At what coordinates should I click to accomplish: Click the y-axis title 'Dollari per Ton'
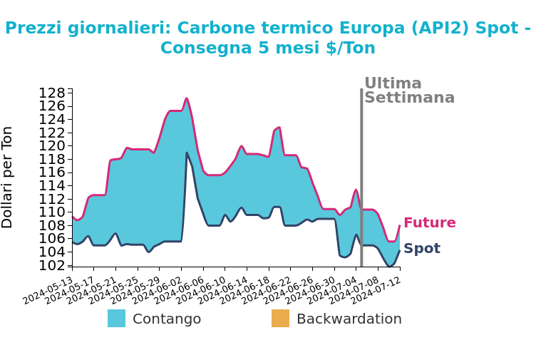click(8, 177)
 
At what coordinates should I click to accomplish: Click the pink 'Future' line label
click(429, 223)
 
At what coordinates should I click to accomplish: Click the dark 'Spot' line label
click(421, 249)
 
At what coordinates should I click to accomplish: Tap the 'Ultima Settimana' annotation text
click(408, 91)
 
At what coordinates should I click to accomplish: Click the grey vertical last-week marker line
click(361, 178)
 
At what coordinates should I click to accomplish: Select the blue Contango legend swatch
click(116, 319)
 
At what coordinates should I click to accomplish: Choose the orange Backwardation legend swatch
click(280, 319)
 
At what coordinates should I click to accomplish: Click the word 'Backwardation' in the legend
click(349, 319)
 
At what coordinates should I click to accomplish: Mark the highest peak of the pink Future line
click(187, 98)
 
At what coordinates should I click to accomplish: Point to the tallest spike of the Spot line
click(187, 153)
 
